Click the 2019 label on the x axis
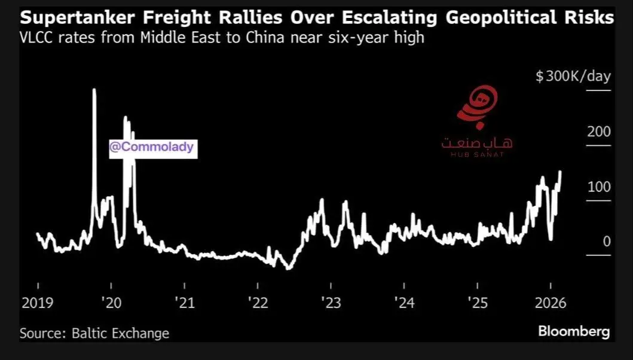click(37, 303)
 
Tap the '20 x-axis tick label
click(112, 303)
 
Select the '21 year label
click(185, 303)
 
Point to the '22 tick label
click(259, 303)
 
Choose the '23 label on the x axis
click(332, 303)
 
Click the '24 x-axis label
click(405, 303)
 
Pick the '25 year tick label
click(478, 303)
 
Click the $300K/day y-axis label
click(573, 77)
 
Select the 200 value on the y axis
click(599, 132)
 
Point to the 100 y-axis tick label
click(599, 187)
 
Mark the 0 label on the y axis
click(607, 242)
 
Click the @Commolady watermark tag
click(152, 147)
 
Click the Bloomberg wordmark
click(574, 331)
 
